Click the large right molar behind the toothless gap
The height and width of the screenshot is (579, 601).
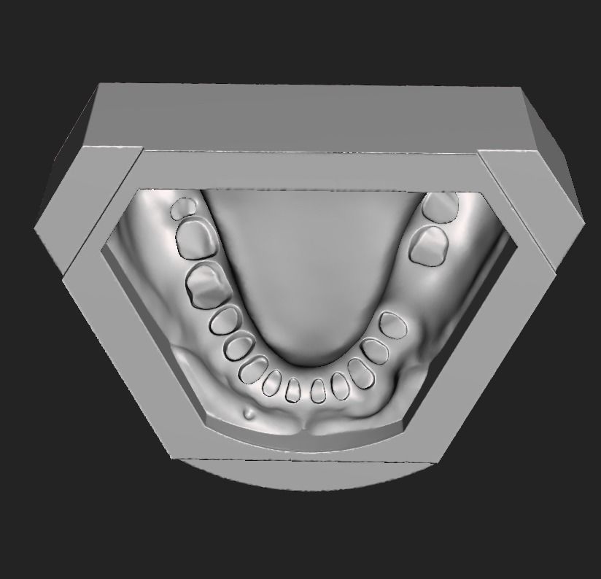pyautogui.click(x=429, y=245)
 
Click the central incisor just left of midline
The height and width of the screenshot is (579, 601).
pyautogui.click(x=294, y=391)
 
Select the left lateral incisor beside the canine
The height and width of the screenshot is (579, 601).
pyautogui.click(x=272, y=383)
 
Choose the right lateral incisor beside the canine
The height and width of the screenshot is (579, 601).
pyautogui.click(x=339, y=385)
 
